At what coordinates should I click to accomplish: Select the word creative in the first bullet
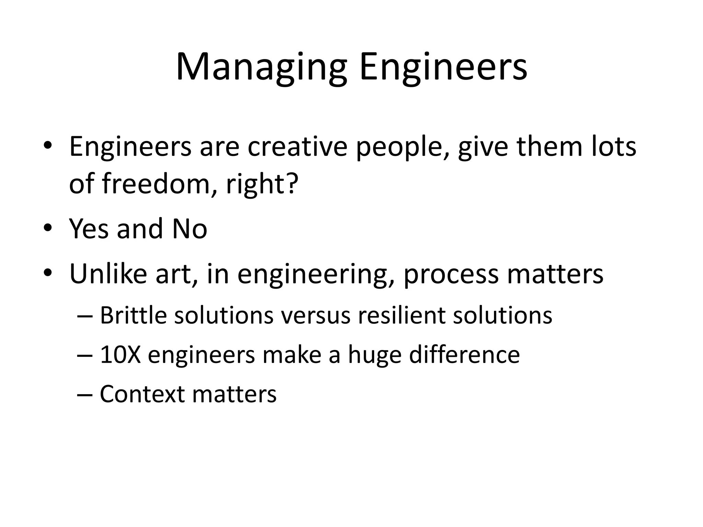coord(297,147)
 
